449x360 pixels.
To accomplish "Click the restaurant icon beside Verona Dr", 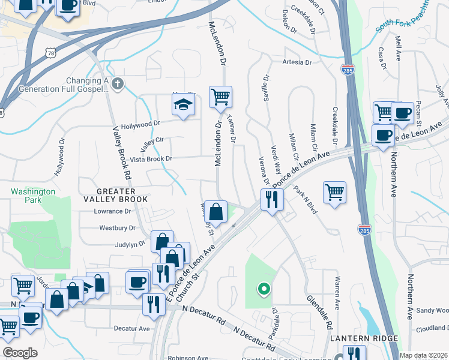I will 272,199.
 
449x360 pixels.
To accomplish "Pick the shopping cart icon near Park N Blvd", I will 334,193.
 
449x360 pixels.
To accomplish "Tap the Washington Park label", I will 33,196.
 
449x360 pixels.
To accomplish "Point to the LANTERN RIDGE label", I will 364,339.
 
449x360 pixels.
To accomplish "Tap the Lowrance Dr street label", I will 112,211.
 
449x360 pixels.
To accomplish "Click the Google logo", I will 20,353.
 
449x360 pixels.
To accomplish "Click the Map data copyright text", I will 423,355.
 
